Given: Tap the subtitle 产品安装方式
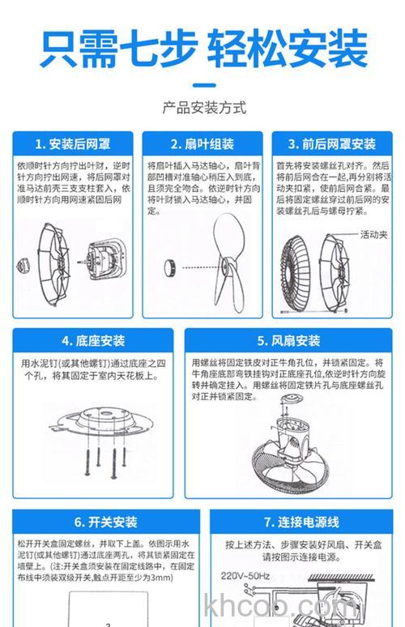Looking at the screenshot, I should coord(203,108).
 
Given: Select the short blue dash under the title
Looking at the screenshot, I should coord(203,83).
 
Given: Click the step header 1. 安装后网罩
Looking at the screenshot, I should coord(71,144).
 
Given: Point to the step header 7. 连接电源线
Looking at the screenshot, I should coord(301,522).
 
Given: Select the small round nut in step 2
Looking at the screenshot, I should coord(172,265).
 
